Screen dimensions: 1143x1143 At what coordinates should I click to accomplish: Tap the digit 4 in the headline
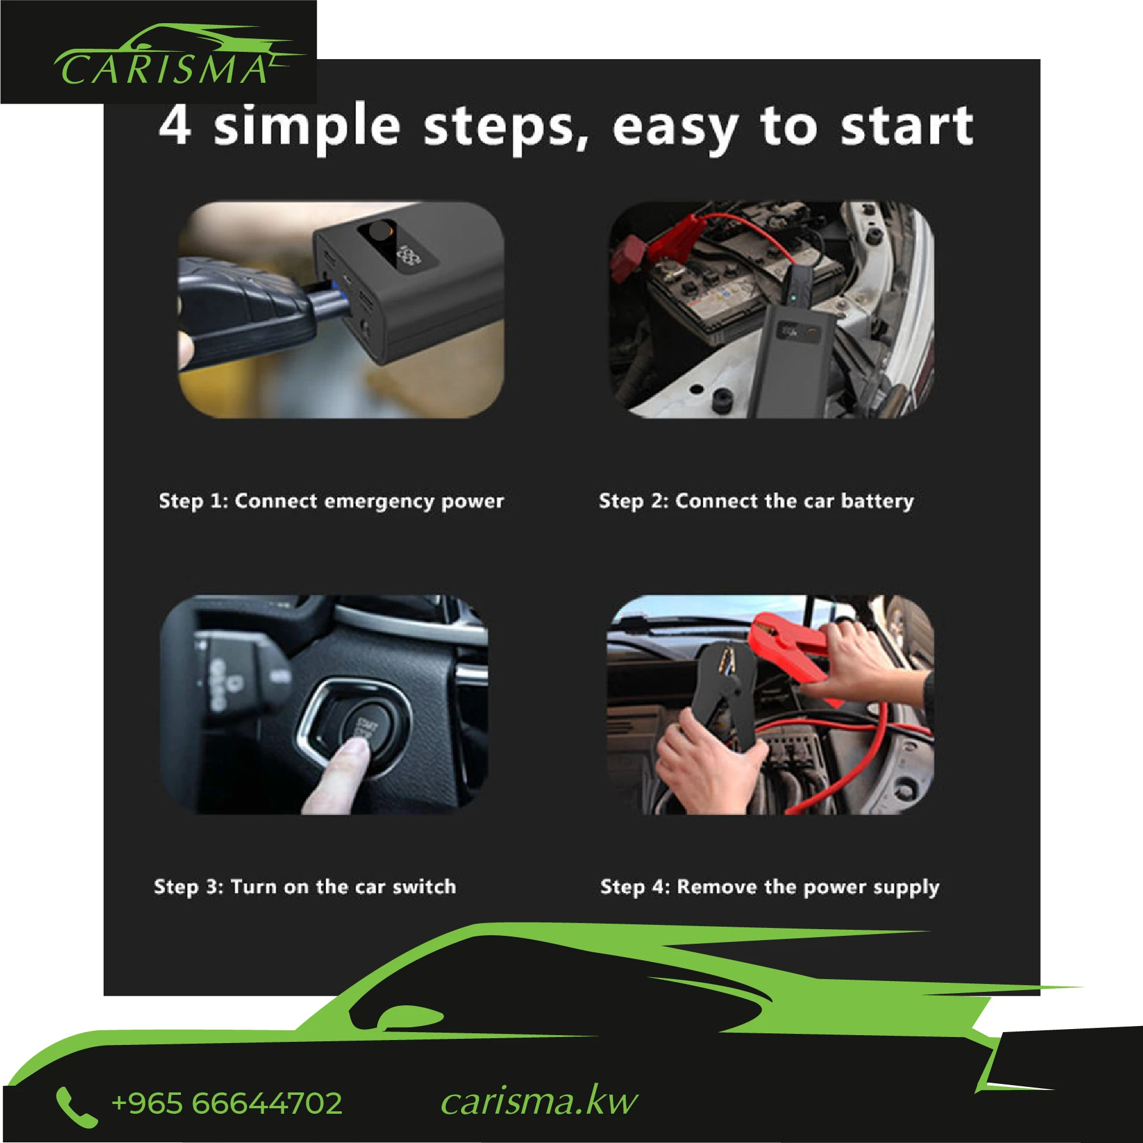tap(175, 125)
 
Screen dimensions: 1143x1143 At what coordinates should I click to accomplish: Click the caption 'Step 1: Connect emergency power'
tap(331, 501)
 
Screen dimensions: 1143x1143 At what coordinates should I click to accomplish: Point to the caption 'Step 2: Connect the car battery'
tap(756, 501)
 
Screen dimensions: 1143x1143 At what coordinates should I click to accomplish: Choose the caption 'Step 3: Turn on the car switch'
tap(305, 886)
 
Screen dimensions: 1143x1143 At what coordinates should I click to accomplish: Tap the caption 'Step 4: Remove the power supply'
tap(770, 887)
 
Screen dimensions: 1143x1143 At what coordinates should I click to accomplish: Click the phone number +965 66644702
tap(227, 1103)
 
